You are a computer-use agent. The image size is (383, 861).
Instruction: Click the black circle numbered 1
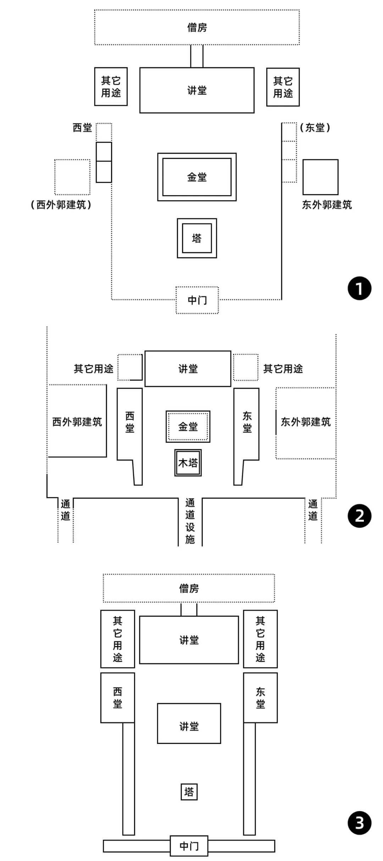point(359,288)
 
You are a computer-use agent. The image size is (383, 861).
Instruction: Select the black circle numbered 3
point(359,823)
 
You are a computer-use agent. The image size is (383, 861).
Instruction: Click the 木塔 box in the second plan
point(188,463)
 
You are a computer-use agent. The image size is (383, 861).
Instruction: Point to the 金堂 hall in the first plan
point(197,177)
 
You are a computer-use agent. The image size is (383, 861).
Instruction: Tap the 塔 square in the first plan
point(197,238)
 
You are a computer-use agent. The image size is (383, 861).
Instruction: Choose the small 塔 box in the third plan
point(189,792)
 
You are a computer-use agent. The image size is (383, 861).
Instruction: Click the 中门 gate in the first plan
point(197,300)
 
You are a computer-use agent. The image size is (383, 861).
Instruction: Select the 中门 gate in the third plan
point(189,846)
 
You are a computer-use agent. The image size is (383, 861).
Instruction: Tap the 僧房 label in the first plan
point(197,27)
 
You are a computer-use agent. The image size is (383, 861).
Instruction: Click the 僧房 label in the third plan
point(189,589)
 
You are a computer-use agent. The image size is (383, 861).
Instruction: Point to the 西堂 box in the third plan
point(117,697)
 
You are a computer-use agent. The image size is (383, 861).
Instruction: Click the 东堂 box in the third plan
point(260,697)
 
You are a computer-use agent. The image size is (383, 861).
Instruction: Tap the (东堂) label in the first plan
point(315,128)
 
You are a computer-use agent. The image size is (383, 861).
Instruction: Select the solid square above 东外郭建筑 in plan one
point(320,177)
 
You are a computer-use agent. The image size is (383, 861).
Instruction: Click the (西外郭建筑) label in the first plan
point(61,205)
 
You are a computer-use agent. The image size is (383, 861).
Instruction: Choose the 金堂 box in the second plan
point(188,426)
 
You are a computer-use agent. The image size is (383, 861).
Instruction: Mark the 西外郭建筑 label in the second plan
point(77,422)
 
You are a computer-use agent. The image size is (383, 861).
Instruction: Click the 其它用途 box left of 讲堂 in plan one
point(111,87)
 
